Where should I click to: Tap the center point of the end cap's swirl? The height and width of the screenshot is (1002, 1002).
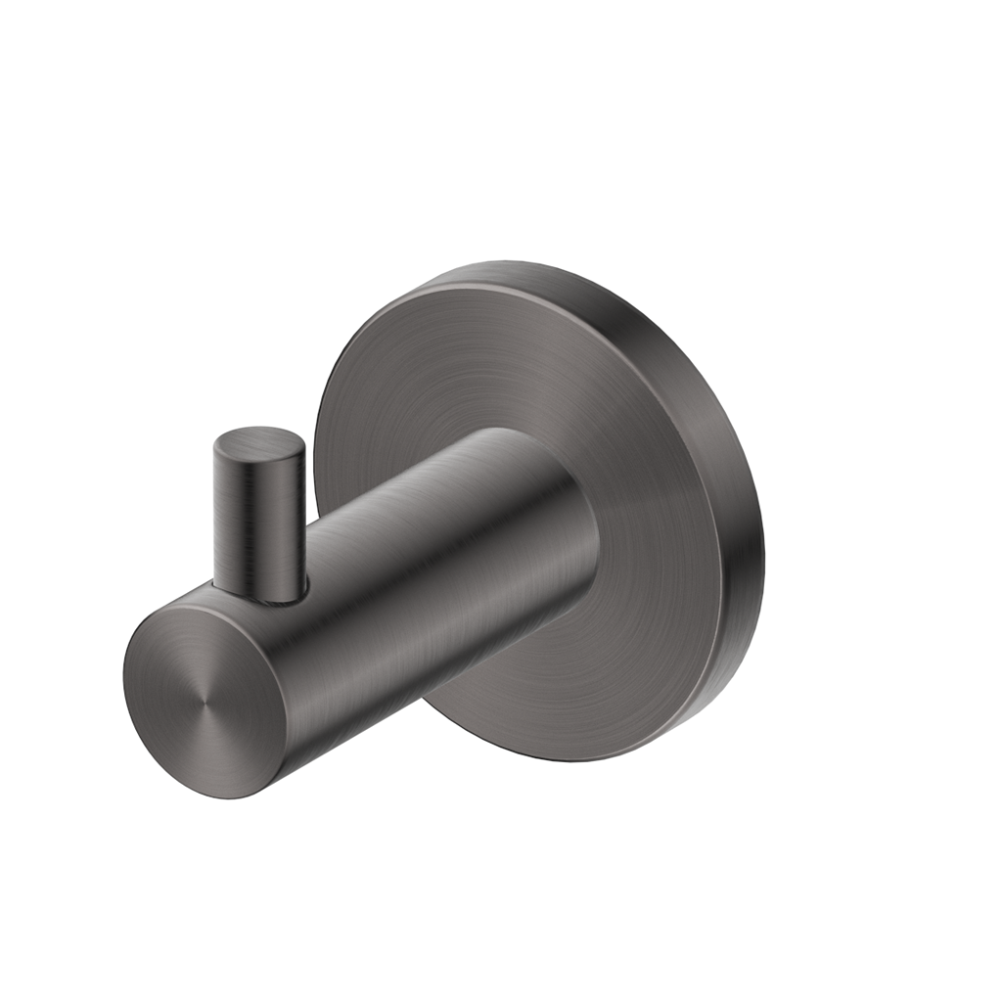pyautogui.click(x=204, y=701)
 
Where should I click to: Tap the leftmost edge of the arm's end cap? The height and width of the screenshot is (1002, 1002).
pyautogui.click(x=125, y=675)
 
